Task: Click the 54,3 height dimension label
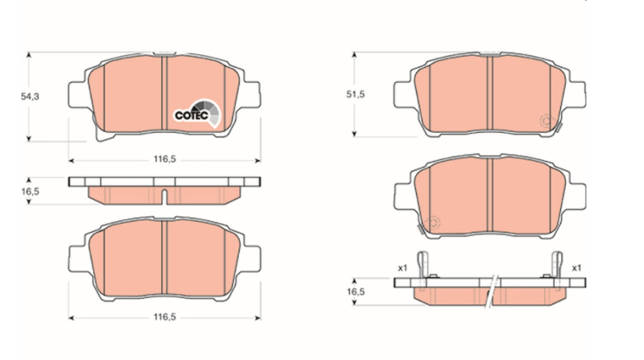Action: [30, 97]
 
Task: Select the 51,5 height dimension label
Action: [355, 94]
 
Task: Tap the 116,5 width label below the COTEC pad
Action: [165, 159]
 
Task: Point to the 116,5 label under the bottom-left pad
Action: [165, 317]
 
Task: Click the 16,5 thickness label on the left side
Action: [30, 192]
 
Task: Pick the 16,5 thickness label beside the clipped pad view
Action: [355, 292]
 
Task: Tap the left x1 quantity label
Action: [402, 268]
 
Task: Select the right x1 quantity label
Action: [576, 268]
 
